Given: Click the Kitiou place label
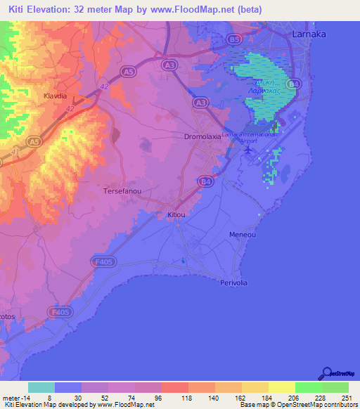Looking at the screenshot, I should point(176,214).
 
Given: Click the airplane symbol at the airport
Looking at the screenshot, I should point(247,149).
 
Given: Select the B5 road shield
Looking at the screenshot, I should point(235,40).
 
